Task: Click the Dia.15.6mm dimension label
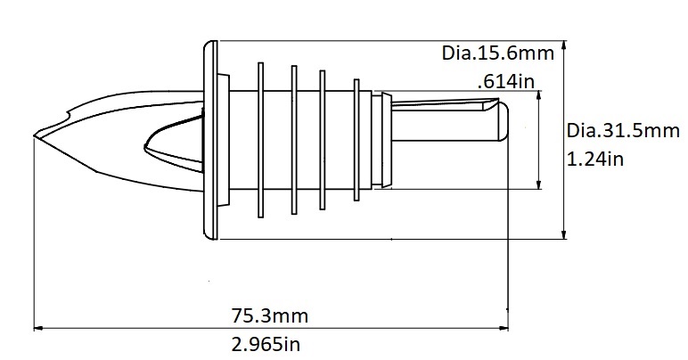[x=498, y=53]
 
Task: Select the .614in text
[x=505, y=82]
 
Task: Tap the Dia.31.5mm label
[x=623, y=132]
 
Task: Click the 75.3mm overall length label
[x=271, y=316]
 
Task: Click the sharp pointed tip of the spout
[x=36, y=136]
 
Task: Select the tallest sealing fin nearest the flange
[x=259, y=140]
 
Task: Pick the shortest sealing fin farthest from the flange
[x=356, y=140]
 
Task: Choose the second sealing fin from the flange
[x=293, y=140]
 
